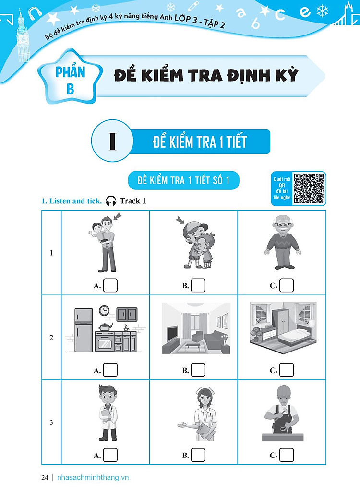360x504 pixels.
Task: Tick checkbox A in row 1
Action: click(x=110, y=285)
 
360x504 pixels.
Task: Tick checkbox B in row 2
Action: click(x=198, y=370)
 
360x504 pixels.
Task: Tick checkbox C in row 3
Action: click(x=287, y=455)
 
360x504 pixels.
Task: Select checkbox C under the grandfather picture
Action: click(x=287, y=285)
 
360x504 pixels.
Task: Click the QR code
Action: click(x=309, y=188)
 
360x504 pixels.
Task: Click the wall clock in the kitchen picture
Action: click(x=104, y=311)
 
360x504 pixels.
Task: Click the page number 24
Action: click(x=45, y=477)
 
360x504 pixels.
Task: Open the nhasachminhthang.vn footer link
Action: click(x=93, y=477)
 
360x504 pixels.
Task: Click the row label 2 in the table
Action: click(x=51, y=338)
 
